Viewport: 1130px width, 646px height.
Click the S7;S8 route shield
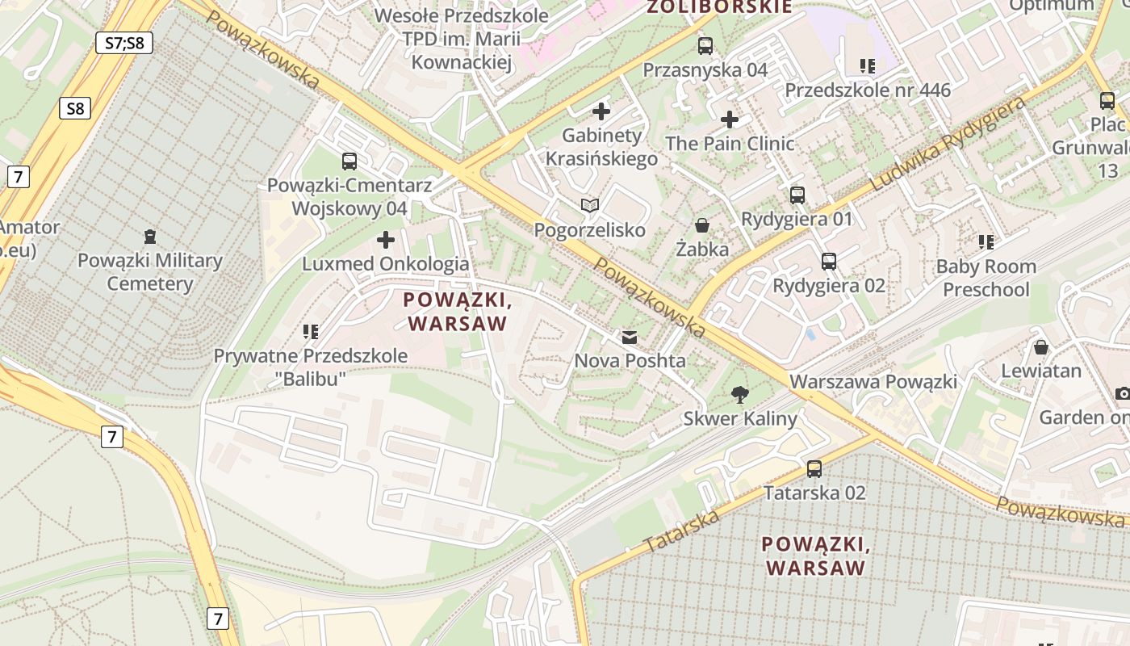click(124, 43)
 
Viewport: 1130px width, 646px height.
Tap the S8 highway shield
click(74, 108)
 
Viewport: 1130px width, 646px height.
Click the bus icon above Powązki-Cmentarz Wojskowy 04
click(349, 161)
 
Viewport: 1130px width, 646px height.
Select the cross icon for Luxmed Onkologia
click(386, 240)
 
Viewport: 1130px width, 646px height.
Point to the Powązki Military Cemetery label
click(149, 272)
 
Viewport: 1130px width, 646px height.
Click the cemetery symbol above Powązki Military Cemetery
click(149, 237)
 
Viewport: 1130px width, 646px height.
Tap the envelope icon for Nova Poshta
click(630, 338)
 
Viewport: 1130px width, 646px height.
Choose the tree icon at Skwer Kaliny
click(739, 395)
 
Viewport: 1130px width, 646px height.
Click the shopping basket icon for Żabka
click(702, 225)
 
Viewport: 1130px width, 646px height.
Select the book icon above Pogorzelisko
click(591, 206)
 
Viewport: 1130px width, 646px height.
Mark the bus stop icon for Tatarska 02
click(814, 469)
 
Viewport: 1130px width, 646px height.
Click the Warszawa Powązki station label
click(873, 381)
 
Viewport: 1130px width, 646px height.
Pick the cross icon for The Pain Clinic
click(730, 120)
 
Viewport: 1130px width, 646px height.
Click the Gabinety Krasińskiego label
click(601, 147)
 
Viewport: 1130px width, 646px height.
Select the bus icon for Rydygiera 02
click(829, 262)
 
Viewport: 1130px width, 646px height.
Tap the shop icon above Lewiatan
click(1041, 347)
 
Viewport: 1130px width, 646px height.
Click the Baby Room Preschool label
click(986, 278)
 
